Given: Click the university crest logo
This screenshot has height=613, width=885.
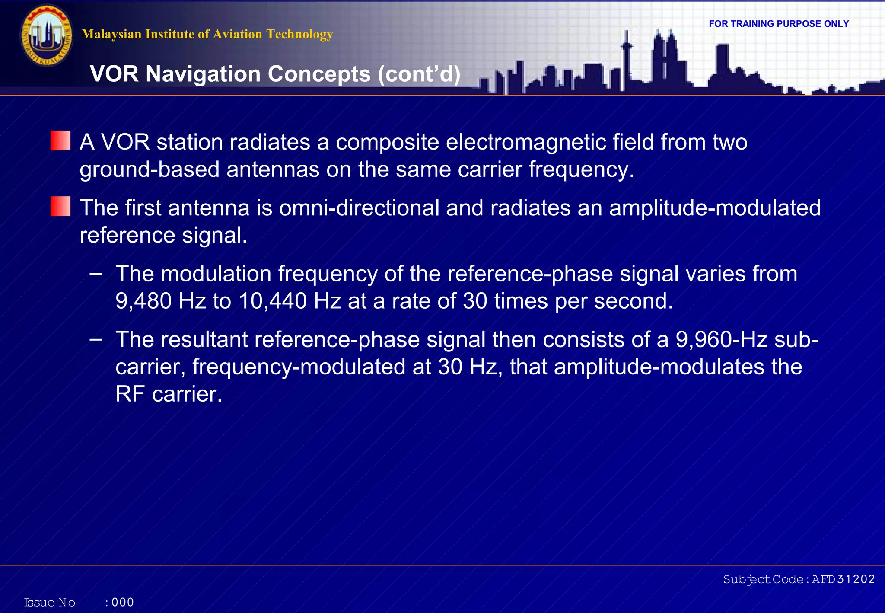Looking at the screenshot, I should (x=47, y=35).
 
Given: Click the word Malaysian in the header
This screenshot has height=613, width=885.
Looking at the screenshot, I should (x=111, y=34).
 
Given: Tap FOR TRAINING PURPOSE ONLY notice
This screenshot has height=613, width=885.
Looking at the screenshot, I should (x=779, y=24).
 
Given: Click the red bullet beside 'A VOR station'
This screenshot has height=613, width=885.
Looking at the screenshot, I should (x=60, y=141).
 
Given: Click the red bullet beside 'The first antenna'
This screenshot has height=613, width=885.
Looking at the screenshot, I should (x=60, y=206).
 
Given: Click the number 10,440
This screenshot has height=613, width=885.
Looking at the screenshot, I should (x=273, y=301).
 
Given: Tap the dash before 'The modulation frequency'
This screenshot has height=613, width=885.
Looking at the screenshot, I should (x=96, y=273).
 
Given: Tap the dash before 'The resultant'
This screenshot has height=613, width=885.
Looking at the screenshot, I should (x=96, y=339).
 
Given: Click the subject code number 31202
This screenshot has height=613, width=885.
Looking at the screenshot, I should (x=856, y=579).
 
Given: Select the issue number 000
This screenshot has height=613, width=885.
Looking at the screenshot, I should (x=123, y=602).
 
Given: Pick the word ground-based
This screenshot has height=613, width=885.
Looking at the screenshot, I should (x=150, y=169).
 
